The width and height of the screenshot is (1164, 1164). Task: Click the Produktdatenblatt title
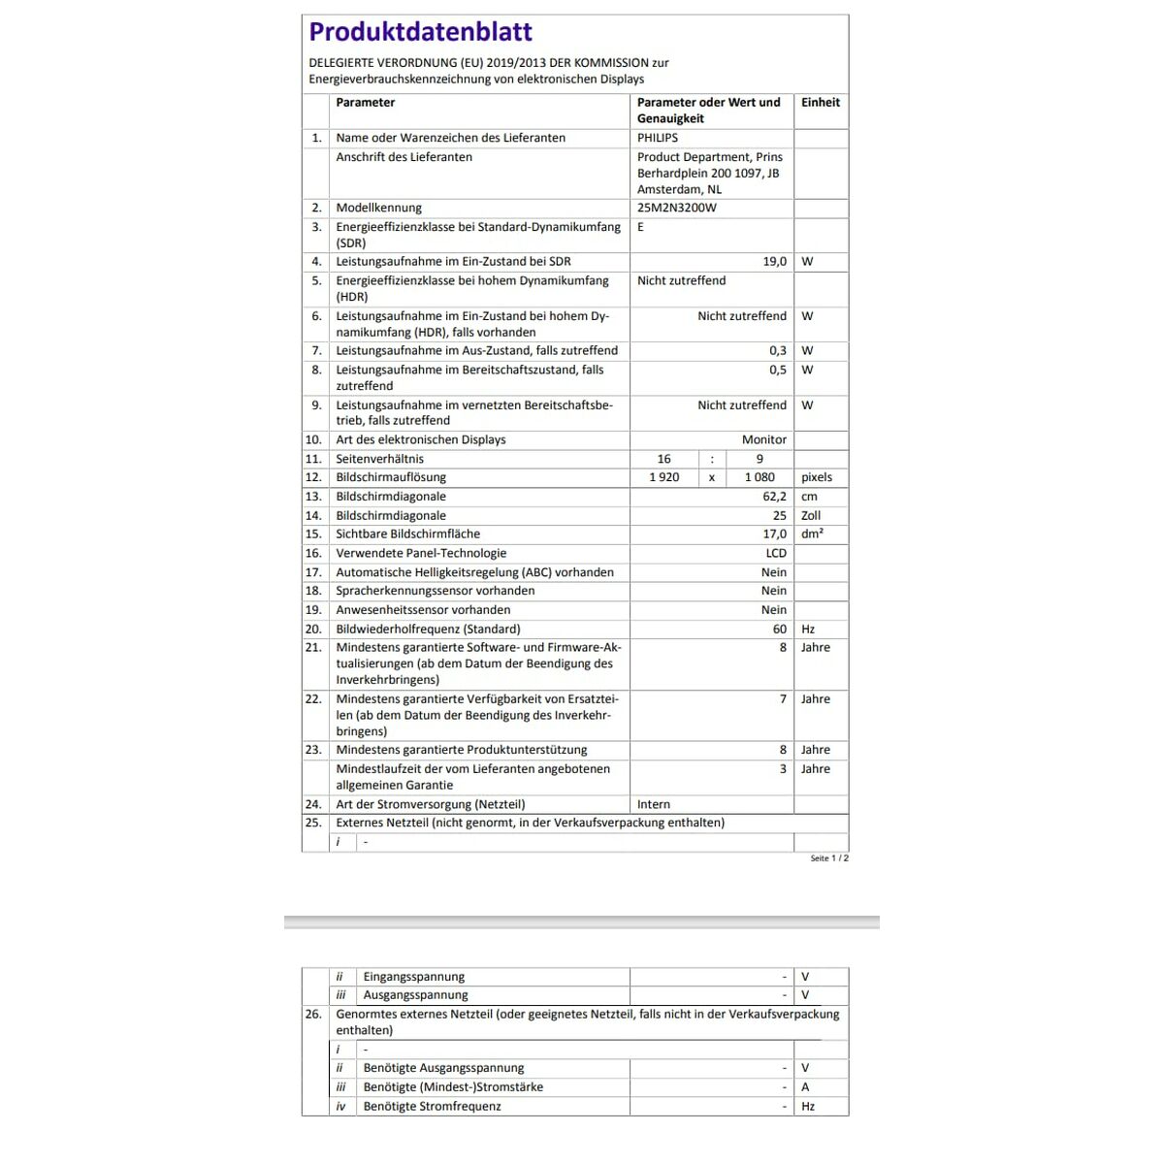(x=420, y=32)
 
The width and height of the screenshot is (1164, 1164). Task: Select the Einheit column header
(x=820, y=102)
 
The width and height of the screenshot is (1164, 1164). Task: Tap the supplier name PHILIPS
(x=658, y=138)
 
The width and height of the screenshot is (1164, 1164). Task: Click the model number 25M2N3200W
(x=677, y=208)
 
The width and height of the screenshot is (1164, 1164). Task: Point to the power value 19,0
(x=774, y=261)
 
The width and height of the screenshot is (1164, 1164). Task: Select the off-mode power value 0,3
(x=778, y=350)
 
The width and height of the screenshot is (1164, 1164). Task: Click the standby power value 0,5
(x=778, y=370)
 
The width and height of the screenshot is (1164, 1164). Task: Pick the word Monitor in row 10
(x=764, y=439)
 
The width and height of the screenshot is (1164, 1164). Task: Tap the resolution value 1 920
(x=664, y=477)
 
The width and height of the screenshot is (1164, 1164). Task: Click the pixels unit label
(x=817, y=477)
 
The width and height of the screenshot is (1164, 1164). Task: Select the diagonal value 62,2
(x=774, y=497)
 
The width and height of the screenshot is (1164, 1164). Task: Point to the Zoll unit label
(x=811, y=516)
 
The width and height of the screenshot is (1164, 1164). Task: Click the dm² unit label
(x=812, y=534)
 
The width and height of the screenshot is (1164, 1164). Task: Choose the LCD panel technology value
(x=776, y=553)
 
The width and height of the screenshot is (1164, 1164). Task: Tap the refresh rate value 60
(x=780, y=629)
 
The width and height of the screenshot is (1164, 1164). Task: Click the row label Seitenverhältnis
(x=379, y=459)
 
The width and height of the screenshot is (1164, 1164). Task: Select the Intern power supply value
(x=654, y=804)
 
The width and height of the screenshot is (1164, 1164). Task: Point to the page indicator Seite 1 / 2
(x=829, y=858)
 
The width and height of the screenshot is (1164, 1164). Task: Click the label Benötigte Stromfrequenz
(x=432, y=1106)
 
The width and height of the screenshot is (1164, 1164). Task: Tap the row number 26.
(x=313, y=1014)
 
